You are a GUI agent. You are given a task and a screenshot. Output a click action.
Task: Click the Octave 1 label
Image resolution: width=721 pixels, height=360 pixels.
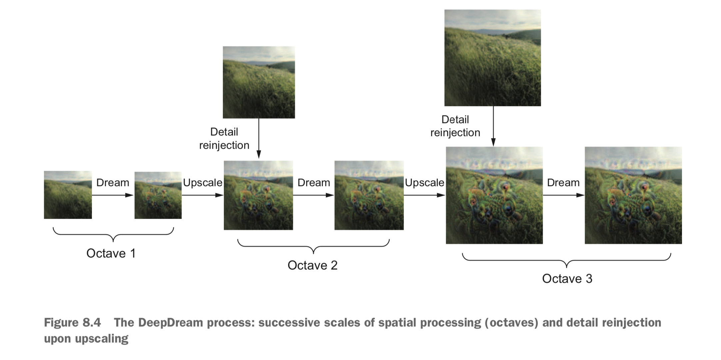pyautogui.click(x=111, y=253)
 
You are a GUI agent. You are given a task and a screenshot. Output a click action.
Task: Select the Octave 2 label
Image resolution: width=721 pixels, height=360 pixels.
pyautogui.click(x=313, y=265)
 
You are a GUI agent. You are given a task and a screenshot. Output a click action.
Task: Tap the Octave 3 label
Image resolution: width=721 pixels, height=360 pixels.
pyautogui.click(x=567, y=279)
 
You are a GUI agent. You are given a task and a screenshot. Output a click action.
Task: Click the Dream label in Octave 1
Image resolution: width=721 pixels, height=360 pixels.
pyautogui.click(x=113, y=183)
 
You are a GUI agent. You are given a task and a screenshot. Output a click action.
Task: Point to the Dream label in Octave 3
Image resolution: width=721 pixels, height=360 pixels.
pyautogui.click(x=563, y=183)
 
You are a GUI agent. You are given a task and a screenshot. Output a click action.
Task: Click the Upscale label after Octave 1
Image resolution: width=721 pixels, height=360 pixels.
pyautogui.click(x=203, y=183)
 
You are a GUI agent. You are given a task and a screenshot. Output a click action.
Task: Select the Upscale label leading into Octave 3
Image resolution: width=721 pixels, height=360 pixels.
pyautogui.click(x=424, y=183)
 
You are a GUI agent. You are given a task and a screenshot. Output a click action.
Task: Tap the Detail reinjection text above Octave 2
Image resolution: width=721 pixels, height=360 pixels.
pyautogui.click(x=224, y=139)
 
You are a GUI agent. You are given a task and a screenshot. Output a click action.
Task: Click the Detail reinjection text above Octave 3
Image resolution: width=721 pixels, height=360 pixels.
pyautogui.click(x=455, y=126)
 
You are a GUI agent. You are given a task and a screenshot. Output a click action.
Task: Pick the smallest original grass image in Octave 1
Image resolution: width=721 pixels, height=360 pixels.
pyautogui.click(x=68, y=195)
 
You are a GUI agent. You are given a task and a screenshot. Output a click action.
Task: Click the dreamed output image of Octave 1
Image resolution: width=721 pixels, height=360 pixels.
pyautogui.click(x=158, y=195)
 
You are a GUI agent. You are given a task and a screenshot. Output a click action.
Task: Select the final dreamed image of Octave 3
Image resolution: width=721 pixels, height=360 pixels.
pyautogui.click(x=633, y=195)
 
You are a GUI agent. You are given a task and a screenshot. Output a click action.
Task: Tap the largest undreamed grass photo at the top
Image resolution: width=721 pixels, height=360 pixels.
pyautogui.click(x=493, y=58)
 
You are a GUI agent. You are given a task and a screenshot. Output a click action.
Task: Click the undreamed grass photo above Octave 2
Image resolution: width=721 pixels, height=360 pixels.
pyautogui.click(x=259, y=82)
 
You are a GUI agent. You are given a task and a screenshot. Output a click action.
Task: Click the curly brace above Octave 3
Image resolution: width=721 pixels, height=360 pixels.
pyautogui.click(x=566, y=260)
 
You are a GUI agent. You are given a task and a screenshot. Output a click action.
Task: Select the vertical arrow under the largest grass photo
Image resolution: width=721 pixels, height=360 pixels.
pyautogui.click(x=493, y=126)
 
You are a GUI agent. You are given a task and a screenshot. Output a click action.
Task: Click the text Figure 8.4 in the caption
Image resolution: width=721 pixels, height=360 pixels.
pyautogui.click(x=72, y=323)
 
